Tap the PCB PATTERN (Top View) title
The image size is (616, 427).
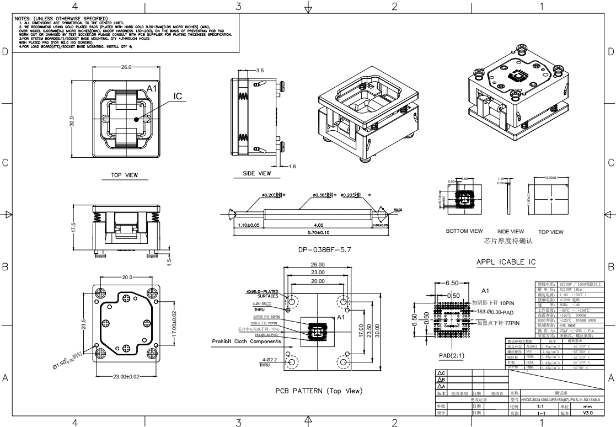pos(319,391)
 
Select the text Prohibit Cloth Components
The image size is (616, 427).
pos(246,341)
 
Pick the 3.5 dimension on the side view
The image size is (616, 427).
pos(260,71)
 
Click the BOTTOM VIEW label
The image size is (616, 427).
pos(464,231)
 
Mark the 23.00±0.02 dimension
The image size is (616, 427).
pos(127,377)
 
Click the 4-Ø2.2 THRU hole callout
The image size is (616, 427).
pos(270,361)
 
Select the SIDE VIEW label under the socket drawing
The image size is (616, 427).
pos(257,173)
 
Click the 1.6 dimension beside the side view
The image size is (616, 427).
pos(292,166)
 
